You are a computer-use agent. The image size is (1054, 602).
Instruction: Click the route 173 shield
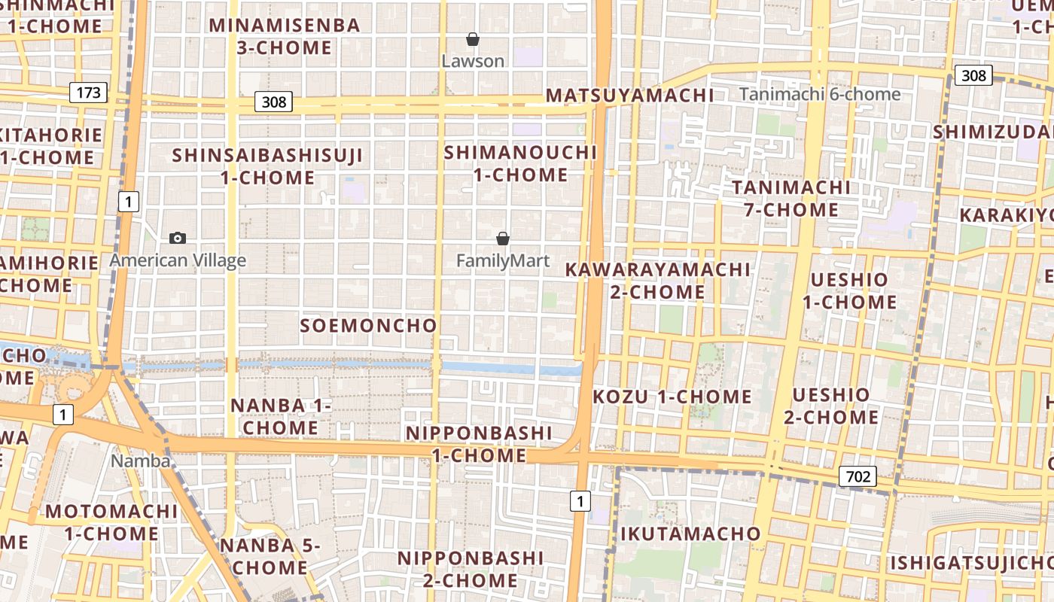(88, 93)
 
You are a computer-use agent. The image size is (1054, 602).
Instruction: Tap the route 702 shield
(858, 476)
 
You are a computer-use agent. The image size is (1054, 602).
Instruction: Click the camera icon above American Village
(178, 238)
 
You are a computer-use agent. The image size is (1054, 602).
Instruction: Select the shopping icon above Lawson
(473, 39)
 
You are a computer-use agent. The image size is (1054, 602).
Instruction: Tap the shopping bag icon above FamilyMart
(503, 239)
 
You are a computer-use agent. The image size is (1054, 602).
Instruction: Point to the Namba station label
(141, 461)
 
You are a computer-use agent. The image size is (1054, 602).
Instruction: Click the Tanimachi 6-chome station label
(820, 94)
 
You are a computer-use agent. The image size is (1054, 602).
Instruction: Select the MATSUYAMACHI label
(629, 96)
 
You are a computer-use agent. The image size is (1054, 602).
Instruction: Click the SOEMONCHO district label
(368, 325)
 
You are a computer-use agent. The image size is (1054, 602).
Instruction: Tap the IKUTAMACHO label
(690, 534)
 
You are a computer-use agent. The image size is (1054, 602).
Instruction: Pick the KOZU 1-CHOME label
(672, 397)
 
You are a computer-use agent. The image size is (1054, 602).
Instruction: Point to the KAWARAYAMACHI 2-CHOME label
(658, 280)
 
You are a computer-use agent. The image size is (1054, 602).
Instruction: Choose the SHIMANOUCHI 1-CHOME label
(520, 163)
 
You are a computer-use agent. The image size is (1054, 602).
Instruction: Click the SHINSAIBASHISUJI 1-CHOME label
(267, 166)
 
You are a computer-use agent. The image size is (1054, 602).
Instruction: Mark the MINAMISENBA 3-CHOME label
(285, 36)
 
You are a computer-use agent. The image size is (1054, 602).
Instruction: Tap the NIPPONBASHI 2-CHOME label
(471, 569)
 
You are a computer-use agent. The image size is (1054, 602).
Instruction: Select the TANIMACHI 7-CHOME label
(791, 198)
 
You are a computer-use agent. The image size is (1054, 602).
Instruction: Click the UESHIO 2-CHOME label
(831, 406)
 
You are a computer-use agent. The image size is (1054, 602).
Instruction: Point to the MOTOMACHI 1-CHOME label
(111, 522)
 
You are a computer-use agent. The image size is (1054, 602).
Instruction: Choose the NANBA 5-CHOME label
(270, 555)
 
